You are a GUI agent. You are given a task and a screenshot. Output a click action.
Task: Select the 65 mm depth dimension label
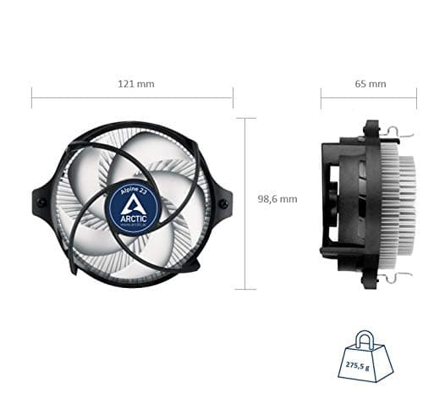pyautogui.click(x=371, y=84)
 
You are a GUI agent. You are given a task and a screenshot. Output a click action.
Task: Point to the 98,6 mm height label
pyautogui.click(x=277, y=199)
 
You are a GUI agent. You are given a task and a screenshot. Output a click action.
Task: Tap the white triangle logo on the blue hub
pyautogui.click(x=134, y=204)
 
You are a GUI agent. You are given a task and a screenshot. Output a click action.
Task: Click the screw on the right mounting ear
pyautogui.click(x=224, y=203)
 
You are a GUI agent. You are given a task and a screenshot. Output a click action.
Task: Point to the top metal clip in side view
pyautogui.click(x=395, y=131)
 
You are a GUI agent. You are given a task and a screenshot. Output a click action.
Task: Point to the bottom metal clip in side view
pyautogui.click(x=395, y=276)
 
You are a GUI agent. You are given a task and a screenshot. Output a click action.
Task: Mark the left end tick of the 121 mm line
pyautogui.click(x=32, y=97)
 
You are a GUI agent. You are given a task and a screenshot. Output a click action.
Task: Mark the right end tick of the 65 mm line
pyautogui.click(x=415, y=97)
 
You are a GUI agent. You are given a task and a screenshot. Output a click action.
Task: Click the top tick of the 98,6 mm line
pyautogui.click(x=245, y=118)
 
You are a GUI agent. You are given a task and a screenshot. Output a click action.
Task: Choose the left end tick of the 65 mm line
pyautogui.click(x=321, y=97)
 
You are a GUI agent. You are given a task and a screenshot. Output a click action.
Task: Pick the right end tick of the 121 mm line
pyautogui.click(x=233, y=97)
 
